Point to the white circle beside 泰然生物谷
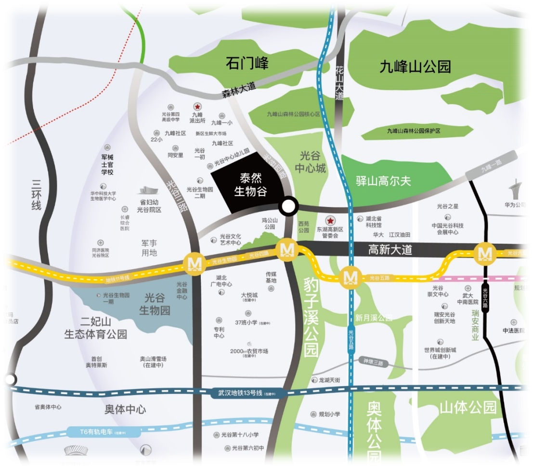[x=288, y=207]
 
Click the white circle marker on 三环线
[x=10, y=379]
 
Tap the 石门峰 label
[x=247, y=63]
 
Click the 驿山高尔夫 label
[x=383, y=181]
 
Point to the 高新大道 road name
[x=390, y=249]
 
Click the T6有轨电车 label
[x=96, y=432]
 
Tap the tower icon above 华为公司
[x=516, y=188]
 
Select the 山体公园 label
[x=468, y=408]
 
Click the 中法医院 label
[x=514, y=331]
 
